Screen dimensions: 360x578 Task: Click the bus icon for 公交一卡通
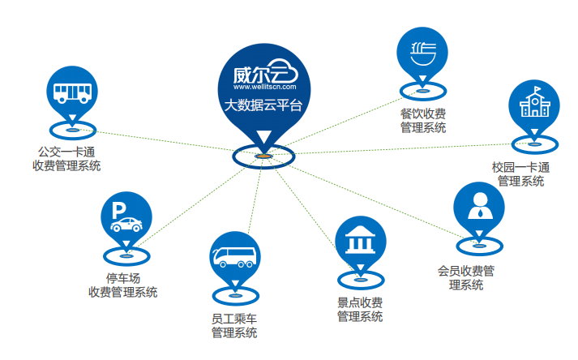pos(71,92)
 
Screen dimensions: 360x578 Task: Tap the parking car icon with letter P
pos(126,217)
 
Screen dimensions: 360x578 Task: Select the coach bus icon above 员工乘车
pos(234,256)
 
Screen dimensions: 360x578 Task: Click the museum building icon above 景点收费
pos(361,242)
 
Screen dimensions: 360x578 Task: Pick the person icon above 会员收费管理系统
pos(478,207)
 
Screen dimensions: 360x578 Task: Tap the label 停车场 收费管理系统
pos(122,285)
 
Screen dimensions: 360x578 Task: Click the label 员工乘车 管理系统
pos(234,324)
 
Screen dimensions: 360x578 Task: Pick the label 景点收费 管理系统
pos(360,309)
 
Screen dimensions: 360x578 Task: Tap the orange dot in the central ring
pos(263,156)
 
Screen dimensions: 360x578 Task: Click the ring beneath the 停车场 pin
pos(126,256)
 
